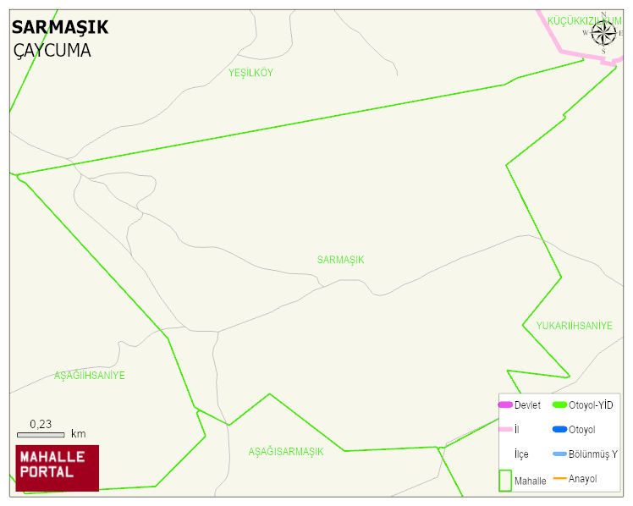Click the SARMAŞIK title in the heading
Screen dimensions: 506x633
[x=60, y=27]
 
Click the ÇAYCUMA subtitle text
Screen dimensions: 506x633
[x=52, y=51]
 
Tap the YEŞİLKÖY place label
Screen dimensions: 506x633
[x=250, y=73]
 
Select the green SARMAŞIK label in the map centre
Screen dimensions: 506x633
[x=340, y=260]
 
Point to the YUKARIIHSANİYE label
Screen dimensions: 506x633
[x=574, y=326]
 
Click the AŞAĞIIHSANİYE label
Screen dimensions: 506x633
[x=89, y=375]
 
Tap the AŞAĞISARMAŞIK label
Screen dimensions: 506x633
[x=285, y=451]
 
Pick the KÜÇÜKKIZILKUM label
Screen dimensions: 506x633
[x=584, y=20]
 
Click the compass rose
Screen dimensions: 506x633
[x=603, y=33]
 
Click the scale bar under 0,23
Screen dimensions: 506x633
[x=41, y=435]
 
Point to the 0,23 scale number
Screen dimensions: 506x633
[x=41, y=424]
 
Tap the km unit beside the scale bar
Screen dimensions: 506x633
[x=78, y=434]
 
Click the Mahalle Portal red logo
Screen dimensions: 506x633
[x=58, y=468]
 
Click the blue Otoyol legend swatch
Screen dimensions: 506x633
[x=559, y=430]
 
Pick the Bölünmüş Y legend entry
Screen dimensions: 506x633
[x=592, y=454]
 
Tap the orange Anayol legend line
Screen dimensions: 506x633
[x=559, y=479]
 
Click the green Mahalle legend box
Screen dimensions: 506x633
[x=505, y=480]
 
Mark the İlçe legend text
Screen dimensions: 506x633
[x=521, y=454]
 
